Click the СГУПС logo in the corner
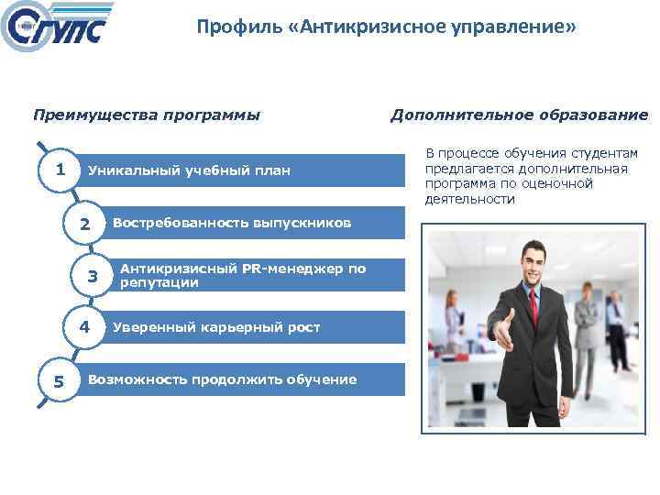tap(57, 29)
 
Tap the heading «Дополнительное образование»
tap(519, 115)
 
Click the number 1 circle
tap(60, 170)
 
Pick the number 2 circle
tap(85, 224)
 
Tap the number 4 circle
tap(84, 327)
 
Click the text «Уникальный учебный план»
tap(189, 170)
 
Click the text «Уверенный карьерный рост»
tap(216, 327)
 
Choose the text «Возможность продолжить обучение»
tap(222, 379)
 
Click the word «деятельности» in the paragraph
tap(469, 199)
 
